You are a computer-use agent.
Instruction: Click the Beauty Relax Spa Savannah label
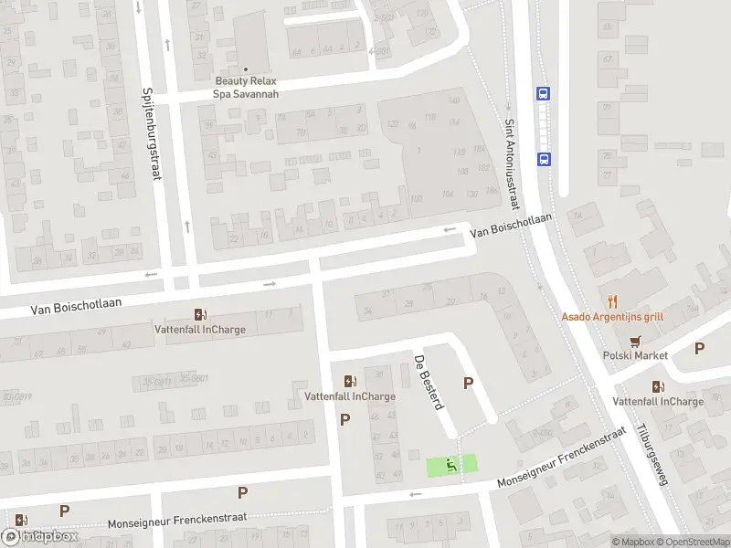[246, 87]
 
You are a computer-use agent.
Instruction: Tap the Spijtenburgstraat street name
[151, 133]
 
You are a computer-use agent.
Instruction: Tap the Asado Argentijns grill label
[612, 317]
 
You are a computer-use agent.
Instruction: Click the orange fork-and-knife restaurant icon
[612, 300]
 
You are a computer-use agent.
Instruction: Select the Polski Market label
[635, 355]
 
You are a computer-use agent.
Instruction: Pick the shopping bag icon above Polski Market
[635, 340]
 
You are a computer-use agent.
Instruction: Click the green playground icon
[450, 465]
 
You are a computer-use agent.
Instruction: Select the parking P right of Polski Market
[700, 348]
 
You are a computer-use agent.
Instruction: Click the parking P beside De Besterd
[469, 384]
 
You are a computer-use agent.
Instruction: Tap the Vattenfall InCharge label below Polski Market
[658, 402]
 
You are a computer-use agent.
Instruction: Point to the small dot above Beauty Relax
[246, 69]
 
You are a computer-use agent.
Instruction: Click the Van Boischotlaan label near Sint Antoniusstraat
[512, 227]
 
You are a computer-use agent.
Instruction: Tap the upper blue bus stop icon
[544, 93]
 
